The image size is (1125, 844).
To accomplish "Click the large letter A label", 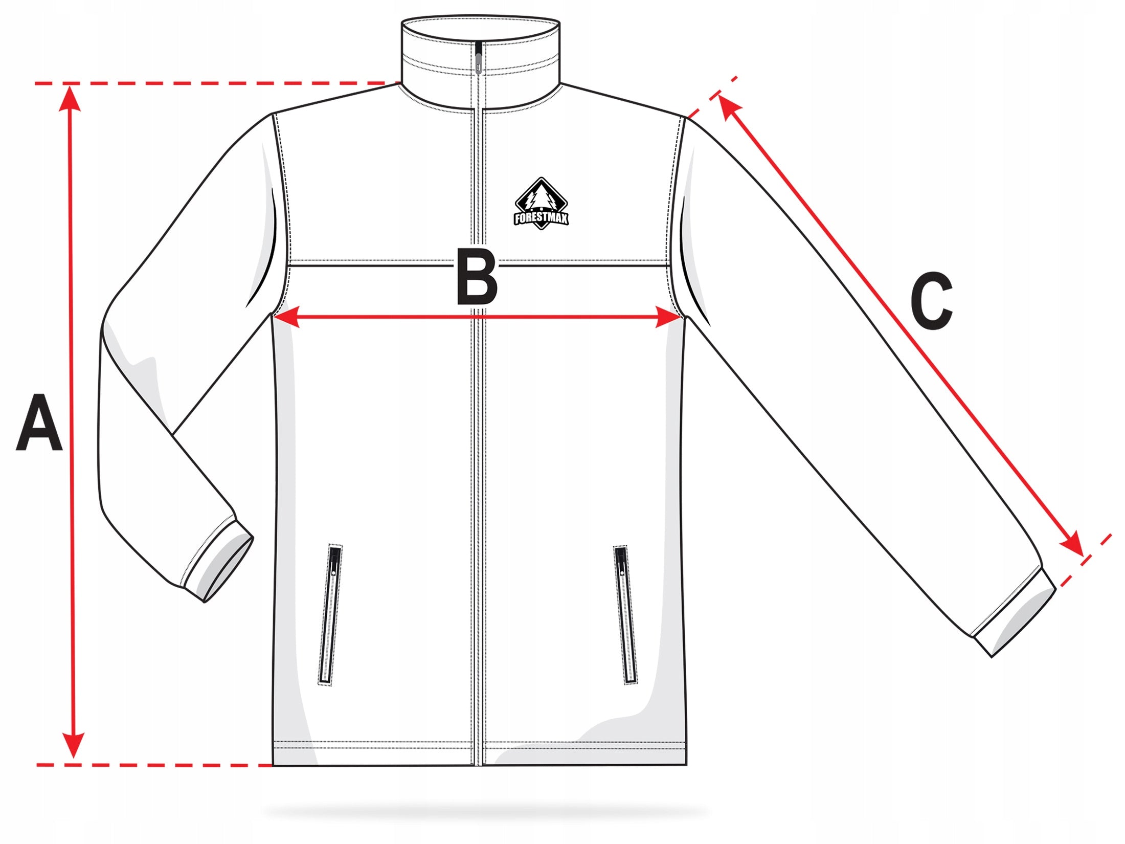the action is click(x=39, y=423).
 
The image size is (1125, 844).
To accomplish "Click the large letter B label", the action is click(x=477, y=277).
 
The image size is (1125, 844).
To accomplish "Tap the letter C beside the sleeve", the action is click(x=931, y=300).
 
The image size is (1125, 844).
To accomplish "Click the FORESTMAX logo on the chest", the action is click(x=541, y=204).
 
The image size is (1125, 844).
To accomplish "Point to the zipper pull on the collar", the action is click(x=478, y=59).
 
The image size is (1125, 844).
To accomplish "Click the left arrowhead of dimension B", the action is click(x=286, y=317).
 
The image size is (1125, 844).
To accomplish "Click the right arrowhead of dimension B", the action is click(x=668, y=318).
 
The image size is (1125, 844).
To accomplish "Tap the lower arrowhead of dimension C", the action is click(x=1073, y=544).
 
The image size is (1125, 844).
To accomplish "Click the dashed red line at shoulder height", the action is click(x=215, y=83).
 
